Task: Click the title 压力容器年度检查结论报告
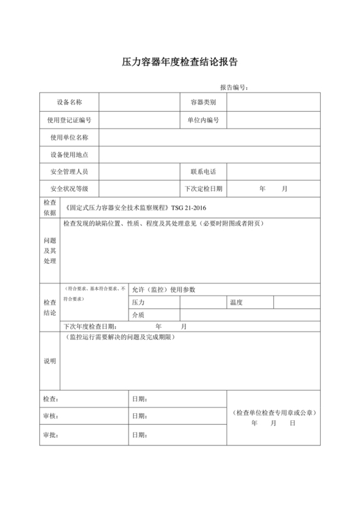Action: coord(180,63)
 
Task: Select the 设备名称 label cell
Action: coord(69,102)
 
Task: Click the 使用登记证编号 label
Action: coord(69,120)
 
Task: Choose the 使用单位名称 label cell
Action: coord(69,138)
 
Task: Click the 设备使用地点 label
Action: coord(69,155)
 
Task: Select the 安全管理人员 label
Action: coord(69,172)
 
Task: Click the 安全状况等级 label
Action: coord(69,190)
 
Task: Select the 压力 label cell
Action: coord(139,302)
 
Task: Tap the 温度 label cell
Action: coord(235,302)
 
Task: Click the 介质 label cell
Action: coord(139,315)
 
